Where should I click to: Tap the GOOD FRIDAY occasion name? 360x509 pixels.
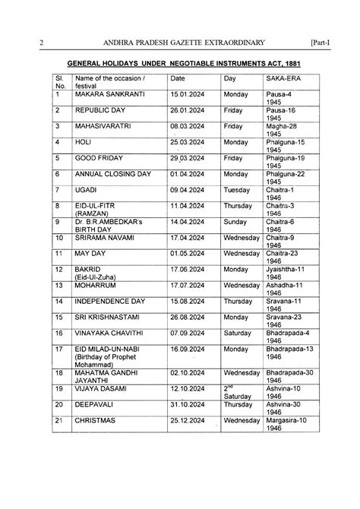pyautogui.click(x=102, y=158)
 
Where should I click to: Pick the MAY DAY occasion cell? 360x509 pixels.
pyautogui.click(x=90, y=252)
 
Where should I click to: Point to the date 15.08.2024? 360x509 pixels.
pyautogui.click(x=187, y=300)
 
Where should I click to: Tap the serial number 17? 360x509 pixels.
pyautogui.click(x=59, y=349)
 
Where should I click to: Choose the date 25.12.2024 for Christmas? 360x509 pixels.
pyautogui.click(x=187, y=419)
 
